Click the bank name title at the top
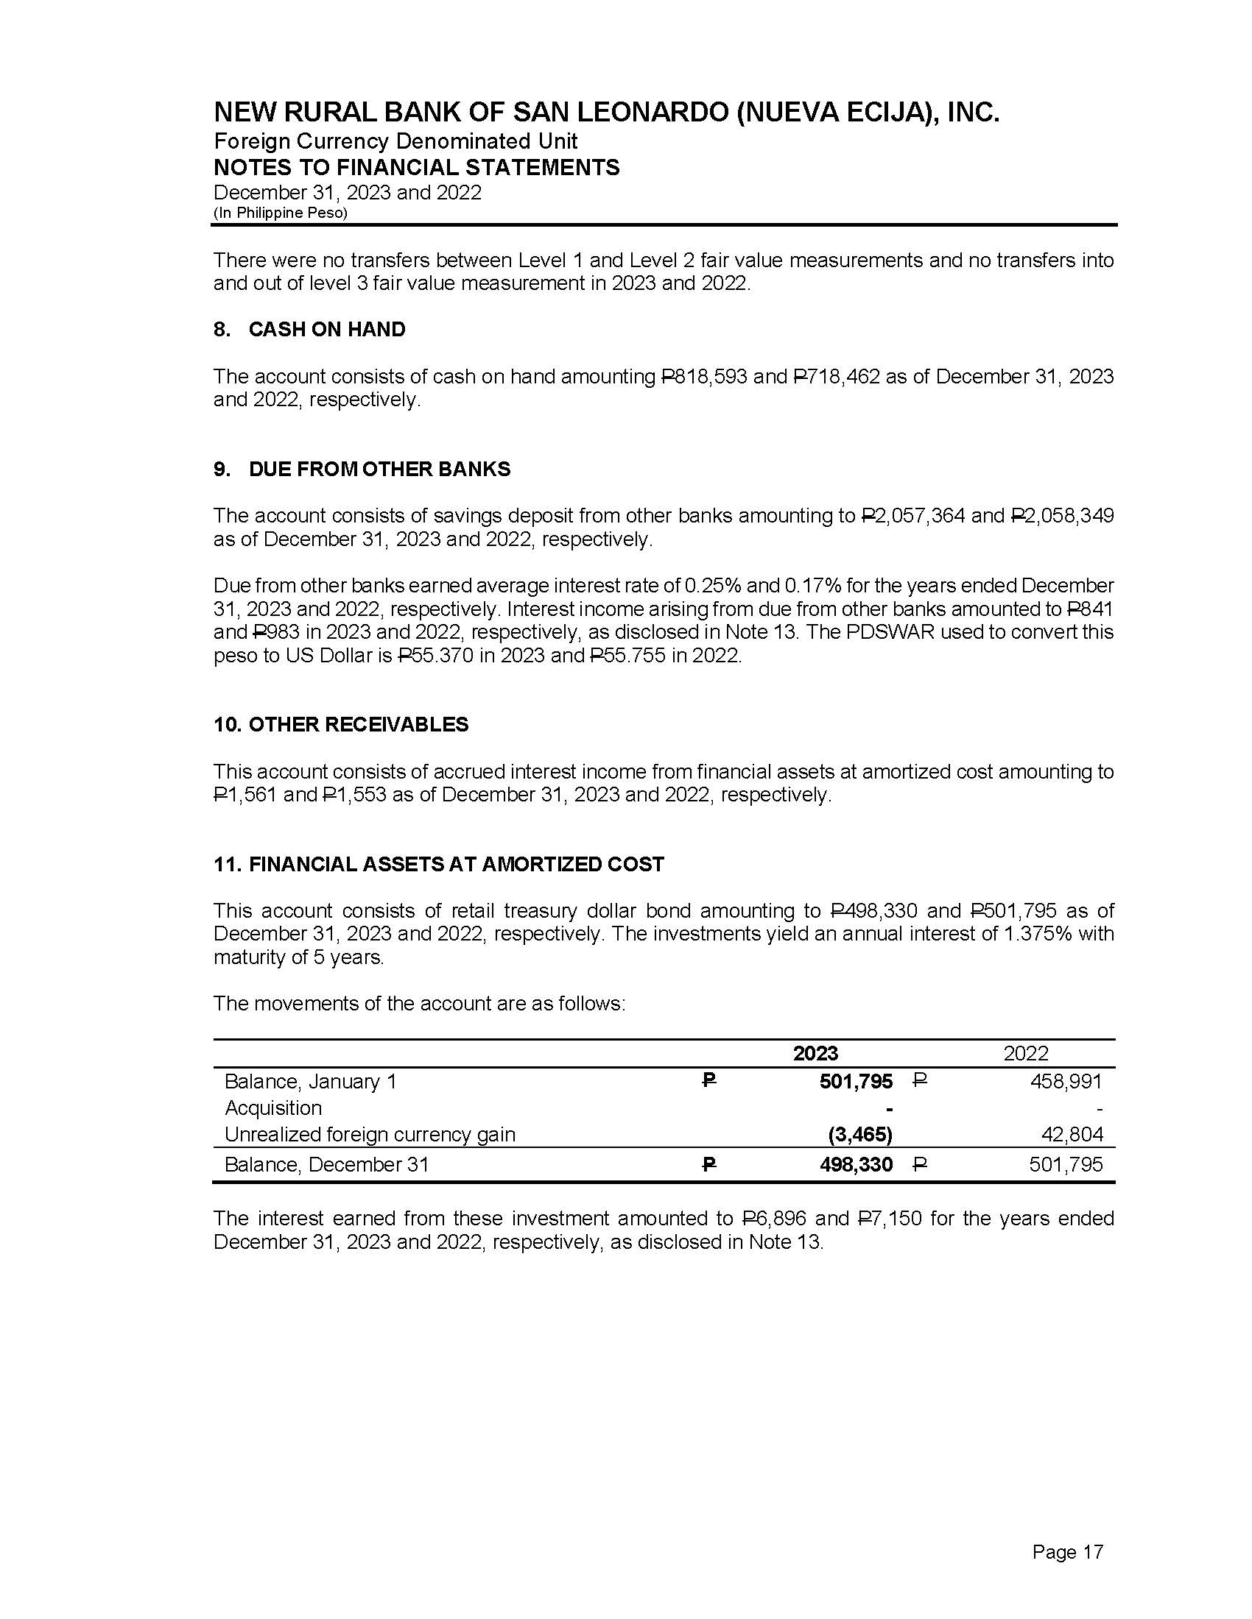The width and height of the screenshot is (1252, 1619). (606, 113)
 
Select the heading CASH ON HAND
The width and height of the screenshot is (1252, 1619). (326, 329)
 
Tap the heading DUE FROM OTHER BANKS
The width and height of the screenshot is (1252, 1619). (379, 470)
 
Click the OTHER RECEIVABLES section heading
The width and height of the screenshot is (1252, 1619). (358, 724)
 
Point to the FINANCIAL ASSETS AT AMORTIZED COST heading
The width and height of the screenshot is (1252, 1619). (456, 865)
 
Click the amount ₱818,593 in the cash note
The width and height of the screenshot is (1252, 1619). (703, 377)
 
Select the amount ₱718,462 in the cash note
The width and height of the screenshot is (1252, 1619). (836, 377)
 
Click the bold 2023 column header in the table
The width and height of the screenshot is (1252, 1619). (815, 1053)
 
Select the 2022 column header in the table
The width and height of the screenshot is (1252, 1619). (1025, 1053)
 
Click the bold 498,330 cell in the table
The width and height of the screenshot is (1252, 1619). (856, 1165)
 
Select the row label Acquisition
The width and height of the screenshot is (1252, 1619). (273, 1108)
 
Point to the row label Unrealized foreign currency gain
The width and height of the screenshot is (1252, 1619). (370, 1134)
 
